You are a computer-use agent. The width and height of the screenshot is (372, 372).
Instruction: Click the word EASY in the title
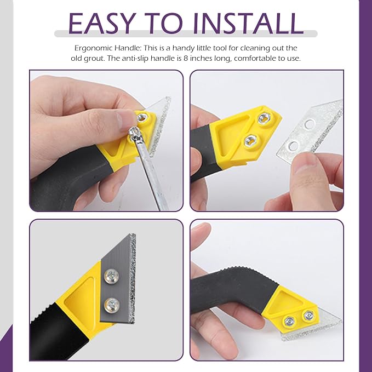(x=102, y=23)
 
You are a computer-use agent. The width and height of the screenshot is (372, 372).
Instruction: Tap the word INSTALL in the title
(x=248, y=23)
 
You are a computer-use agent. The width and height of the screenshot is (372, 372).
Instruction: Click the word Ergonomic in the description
(x=94, y=48)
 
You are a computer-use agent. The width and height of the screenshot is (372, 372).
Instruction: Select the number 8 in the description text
(x=186, y=59)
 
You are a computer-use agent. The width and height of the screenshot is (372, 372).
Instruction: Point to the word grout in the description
(x=94, y=59)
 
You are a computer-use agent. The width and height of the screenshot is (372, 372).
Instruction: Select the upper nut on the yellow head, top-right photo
(x=264, y=118)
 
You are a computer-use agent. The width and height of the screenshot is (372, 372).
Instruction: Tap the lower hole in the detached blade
(x=294, y=146)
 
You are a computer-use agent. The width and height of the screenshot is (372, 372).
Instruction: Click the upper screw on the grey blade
(x=112, y=276)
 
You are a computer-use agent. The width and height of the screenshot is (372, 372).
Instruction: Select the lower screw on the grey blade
(x=112, y=305)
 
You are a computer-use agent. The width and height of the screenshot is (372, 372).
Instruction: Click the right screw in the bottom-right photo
(x=308, y=316)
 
